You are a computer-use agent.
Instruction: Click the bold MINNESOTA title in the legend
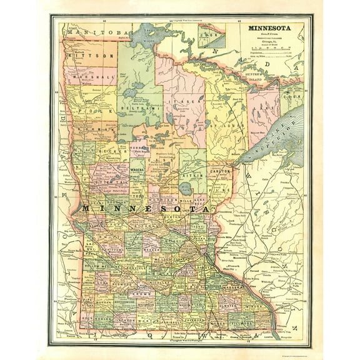272,28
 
